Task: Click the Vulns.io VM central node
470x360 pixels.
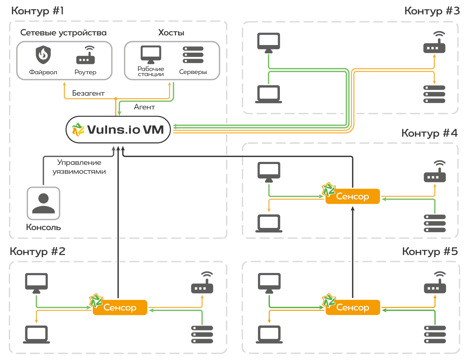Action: click(x=118, y=130)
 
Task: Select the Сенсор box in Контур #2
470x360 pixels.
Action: click(x=120, y=307)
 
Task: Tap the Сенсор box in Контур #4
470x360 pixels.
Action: click(x=353, y=196)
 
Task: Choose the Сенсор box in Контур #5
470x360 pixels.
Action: click(x=353, y=307)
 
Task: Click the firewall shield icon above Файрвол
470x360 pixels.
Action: click(x=43, y=55)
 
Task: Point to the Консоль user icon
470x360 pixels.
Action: click(x=44, y=203)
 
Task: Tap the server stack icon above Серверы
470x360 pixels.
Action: click(x=193, y=55)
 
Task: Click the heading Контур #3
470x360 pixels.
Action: click(x=432, y=11)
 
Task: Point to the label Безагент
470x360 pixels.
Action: click(x=88, y=93)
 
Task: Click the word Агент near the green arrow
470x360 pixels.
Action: click(x=144, y=107)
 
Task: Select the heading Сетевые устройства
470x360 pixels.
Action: click(x=63, y=33)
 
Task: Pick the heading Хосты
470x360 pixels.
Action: click(x=171, y=33)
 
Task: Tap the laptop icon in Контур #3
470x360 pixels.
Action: click(x=269, y=94)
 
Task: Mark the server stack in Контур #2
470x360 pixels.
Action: click(x=202, y=334)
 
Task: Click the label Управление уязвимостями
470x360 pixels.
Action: click(x=79, y=167)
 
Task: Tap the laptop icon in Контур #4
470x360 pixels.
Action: click(x=269, y=223)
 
